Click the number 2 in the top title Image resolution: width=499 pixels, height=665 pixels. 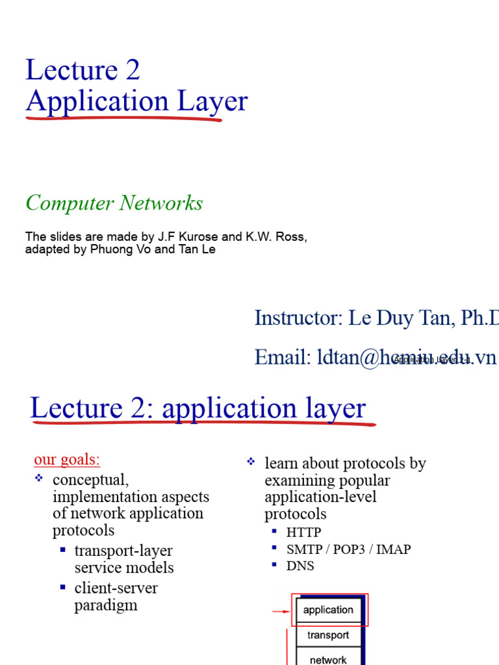click(132, 71)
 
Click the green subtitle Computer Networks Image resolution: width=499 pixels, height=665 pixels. click(114, 203)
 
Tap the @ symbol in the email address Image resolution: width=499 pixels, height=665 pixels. click(370, 358)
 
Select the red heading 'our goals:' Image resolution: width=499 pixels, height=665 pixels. click(67, 460)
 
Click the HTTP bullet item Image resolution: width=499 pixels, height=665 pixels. click(303, 533)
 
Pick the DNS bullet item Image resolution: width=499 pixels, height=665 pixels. click(300, 566)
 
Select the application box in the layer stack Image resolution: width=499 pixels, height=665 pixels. click(328, 610)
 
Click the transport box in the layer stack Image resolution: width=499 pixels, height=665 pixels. click(328, 635)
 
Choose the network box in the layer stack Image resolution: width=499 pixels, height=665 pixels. click(328, 659)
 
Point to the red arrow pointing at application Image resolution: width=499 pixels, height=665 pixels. click(281, 611)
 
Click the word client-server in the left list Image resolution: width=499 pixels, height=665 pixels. click(116, 588)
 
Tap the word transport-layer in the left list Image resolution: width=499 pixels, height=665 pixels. click(123, 551)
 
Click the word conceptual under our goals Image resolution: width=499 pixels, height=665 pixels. click(90, 480)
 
